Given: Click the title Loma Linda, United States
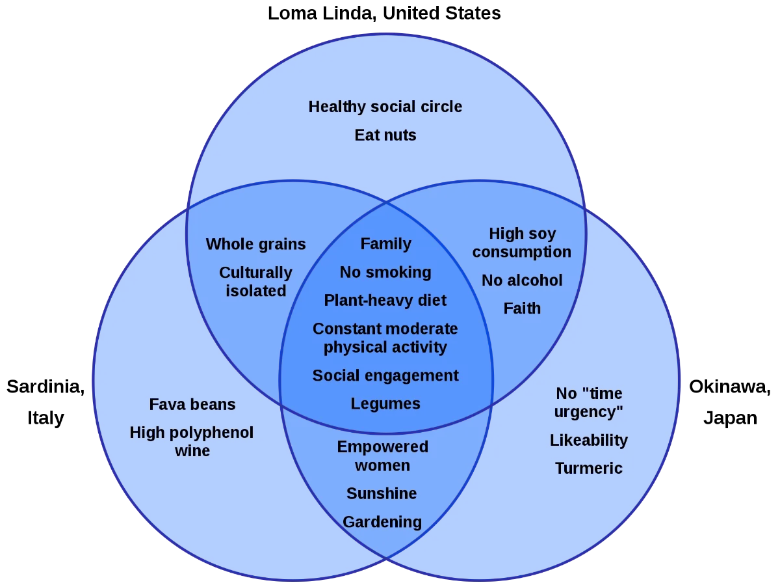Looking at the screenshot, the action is coord(384,14).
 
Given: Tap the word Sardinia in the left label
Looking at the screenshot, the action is coord(45,387).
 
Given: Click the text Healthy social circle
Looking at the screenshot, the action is coord(385,107).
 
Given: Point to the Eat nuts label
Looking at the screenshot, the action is coord(385,135).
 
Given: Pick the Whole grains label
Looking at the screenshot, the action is coord(256,245).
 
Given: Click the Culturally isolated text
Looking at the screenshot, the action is coord(256,282).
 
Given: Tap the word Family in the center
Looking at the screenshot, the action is coord(385,245).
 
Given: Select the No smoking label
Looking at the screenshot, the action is coord(385,273).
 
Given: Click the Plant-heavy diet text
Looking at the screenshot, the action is coord(385,301).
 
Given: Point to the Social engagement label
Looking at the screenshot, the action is coord(385,376).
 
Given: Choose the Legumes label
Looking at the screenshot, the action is coord(385,404).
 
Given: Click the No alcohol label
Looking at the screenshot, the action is coord(522,280).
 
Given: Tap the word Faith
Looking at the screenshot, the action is coord(522,308).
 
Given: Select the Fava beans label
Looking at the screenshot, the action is coord(192,405).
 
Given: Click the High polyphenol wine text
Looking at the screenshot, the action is coord(192,442).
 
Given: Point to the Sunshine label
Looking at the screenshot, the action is coord(382,494).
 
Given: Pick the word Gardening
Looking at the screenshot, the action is coord(382,523).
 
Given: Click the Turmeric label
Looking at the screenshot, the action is coord(589,469).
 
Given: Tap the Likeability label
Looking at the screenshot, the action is coord(589,441).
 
